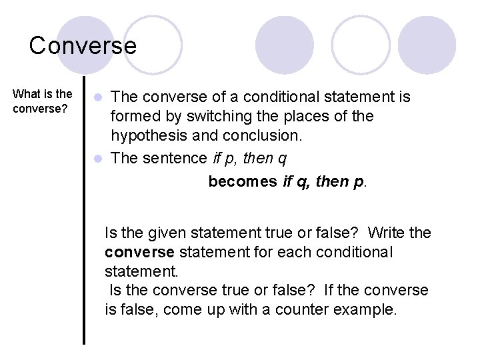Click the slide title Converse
click(x=83, y=45)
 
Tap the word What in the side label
click(x=26, y=94)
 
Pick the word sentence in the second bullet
click(x=175, y=158)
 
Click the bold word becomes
click(x=243, y=181)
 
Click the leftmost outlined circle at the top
click(x=153, y=45)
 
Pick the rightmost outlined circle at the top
click(x=361, y=45)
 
